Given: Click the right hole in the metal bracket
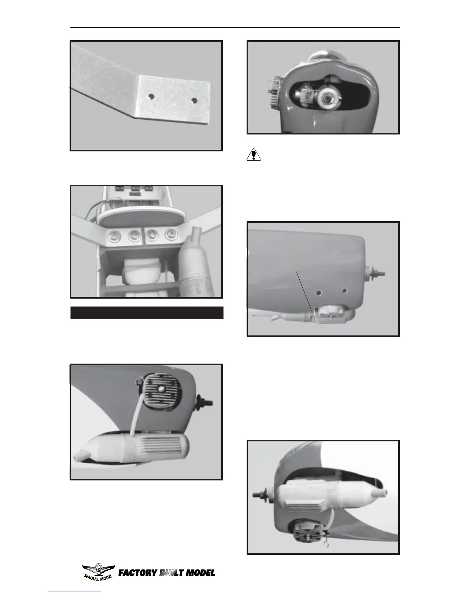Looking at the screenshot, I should tap(194, 101).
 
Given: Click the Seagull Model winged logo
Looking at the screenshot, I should tap(99, 571).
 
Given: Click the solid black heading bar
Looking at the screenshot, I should tap(147, 313).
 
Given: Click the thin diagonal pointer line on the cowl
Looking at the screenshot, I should tap(304, 291).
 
